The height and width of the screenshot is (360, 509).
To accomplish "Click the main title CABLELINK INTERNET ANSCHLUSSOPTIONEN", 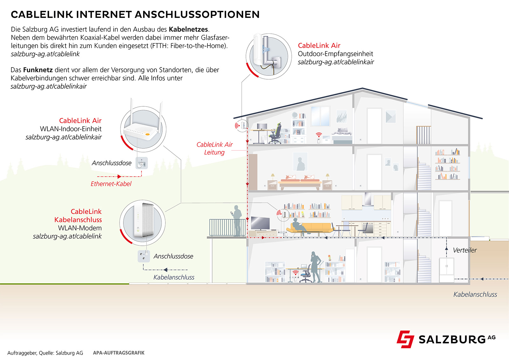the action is coord(135,15).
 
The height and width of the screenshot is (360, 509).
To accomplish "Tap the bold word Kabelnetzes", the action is coord(189,29).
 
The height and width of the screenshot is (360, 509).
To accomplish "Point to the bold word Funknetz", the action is coord(38,70).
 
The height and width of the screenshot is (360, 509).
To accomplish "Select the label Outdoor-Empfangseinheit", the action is coord(335,54).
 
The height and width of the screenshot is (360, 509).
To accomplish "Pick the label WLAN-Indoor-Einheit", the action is coord(71,129).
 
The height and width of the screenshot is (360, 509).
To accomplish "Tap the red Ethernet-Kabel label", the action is coord(111,184).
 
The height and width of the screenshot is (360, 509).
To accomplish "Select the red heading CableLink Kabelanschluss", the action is coord(78,215).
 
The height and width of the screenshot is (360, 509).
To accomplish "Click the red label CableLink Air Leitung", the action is coord(214,148).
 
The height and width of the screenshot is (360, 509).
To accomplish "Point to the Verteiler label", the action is coord(464,250).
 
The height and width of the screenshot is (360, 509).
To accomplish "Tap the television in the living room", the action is coord(260,223).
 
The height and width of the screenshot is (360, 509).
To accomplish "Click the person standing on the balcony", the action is coord(236,220).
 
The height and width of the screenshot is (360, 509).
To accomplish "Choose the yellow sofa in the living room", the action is coord(309,228).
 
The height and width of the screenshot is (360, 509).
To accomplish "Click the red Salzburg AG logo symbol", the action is coord(405,339).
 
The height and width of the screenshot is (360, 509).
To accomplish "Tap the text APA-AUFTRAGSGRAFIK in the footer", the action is coord(119,353).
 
